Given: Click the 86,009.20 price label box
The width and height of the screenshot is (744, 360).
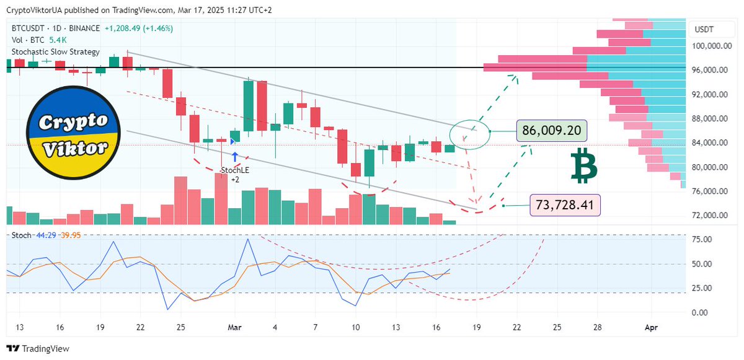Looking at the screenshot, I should [x=551, y=131].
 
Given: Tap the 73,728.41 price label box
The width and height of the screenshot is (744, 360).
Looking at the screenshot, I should [x=564, y=204].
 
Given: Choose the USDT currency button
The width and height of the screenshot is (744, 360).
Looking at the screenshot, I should [x=704, y=29].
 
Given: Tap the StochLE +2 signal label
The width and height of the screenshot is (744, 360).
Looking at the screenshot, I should [x=236, y=173].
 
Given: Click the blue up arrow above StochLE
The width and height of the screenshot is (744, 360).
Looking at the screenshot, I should [x=236, y=157].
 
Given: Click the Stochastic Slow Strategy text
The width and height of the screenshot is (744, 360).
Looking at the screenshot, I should [x=56, y=52].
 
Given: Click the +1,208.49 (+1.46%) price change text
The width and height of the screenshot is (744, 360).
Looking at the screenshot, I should [x=139, y=29].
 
